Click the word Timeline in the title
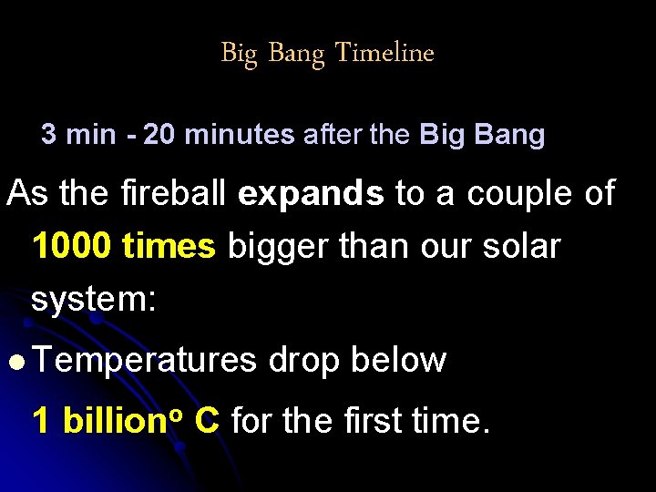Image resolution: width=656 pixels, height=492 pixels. click(x=384, y=53)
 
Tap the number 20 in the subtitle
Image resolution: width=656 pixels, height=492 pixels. click(x=160, y=136)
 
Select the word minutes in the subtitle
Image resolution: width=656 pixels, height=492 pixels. click(x=240, y=136)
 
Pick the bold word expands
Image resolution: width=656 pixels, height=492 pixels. click(x=311, y=195)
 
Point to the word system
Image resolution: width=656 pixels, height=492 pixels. click(x=88, y=299)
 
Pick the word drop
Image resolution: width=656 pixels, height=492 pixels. click(x=304, y=361)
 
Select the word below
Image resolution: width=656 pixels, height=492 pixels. click(x=398, y=360)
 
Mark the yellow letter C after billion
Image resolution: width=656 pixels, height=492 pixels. click(x=207, y=421)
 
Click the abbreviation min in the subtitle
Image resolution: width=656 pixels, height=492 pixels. click(x=92, y=136)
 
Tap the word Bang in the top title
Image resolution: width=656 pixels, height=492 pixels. click(x=295, y=54)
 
